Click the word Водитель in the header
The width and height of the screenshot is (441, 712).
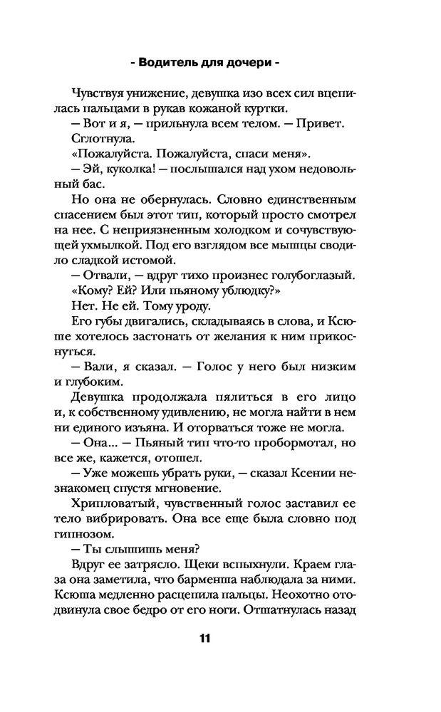(x=170, y=62)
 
